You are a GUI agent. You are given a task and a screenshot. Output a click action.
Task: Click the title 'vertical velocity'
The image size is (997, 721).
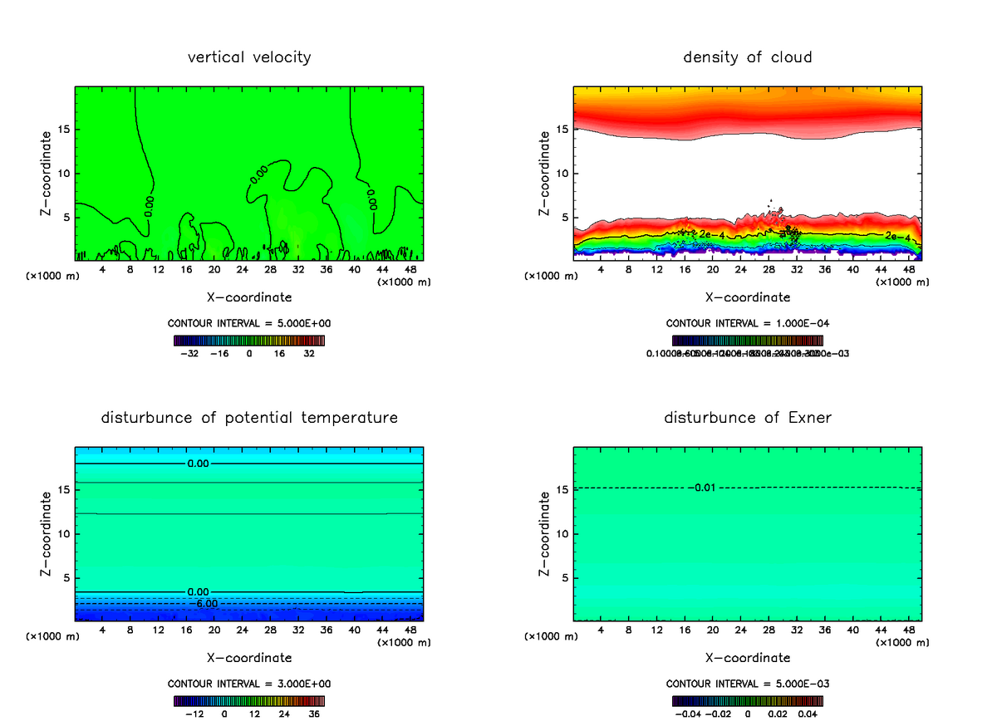(249, 57)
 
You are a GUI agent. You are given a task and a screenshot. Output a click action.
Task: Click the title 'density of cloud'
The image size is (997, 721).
(748, 57)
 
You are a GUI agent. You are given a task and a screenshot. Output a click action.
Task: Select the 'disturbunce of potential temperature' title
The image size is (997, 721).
(249, 418)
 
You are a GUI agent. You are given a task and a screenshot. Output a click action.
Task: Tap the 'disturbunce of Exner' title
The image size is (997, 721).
(748, 418)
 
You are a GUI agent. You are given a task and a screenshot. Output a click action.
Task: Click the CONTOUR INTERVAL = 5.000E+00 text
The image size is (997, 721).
(249, 322)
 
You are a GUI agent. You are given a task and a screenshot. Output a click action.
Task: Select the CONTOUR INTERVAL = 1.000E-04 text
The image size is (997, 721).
(748, 322)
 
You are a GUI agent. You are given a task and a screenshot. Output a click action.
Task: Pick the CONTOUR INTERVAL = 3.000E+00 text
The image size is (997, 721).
(249, 684)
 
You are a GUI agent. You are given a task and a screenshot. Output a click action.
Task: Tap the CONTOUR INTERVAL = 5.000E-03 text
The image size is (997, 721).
(748, 684)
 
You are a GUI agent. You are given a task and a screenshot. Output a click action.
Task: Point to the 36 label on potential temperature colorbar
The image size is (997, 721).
(315, 714)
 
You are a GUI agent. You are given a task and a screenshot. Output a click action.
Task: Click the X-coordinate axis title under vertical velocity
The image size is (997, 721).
(249, 297)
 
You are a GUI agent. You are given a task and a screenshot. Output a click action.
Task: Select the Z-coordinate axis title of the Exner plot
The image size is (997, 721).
(545, 532)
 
